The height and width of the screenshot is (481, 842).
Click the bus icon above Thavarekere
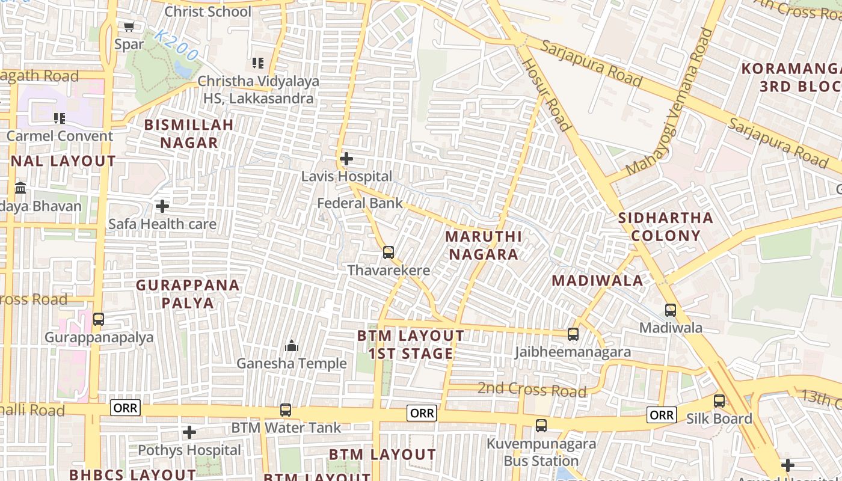pyautogui.click(x=389, y=253)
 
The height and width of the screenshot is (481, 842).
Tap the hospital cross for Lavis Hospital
pyautogui.click(x=346, y=159)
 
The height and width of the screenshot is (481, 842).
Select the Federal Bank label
pyautogui.click(x=360, y=203)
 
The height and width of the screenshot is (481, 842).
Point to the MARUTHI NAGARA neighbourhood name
pyautogui.click(x=484, y=245)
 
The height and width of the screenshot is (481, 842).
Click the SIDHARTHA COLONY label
pyautogui.click(x=666, y=226)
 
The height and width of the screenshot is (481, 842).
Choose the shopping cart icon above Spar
pyautogui.click(x=129, y=26)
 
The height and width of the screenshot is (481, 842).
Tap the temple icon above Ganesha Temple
pyautogui.click(x=292, y=346)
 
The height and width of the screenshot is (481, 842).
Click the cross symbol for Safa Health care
pyautogui.click(x=162, y=206)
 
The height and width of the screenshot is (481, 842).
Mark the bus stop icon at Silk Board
pyautogui.click(x=719, y=401)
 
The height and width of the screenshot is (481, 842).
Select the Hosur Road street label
pyautogui.click(x=545, y=94)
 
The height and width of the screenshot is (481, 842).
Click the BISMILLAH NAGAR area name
pyautogui.click(x=189, y=133)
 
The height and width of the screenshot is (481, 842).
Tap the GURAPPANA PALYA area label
pyautogui.click(x=188, y=293)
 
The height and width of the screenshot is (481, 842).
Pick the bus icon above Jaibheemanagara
pyautogui.click(x=573, y=334)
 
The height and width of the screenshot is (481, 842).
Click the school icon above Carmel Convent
pyautogui.click(x=59, y=118)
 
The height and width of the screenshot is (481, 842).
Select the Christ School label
pyautogui.click(x=207, y=11)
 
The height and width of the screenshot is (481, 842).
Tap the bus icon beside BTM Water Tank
pyautogui.click(x=286, y=410)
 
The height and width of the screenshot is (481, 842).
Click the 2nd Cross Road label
pyautogui.click(x=532, y=390)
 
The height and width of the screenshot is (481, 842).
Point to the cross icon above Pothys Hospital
pyautogui.click(x=189, y=432)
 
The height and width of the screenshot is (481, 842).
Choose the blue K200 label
pyautogui.click(x=176, y=46)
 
